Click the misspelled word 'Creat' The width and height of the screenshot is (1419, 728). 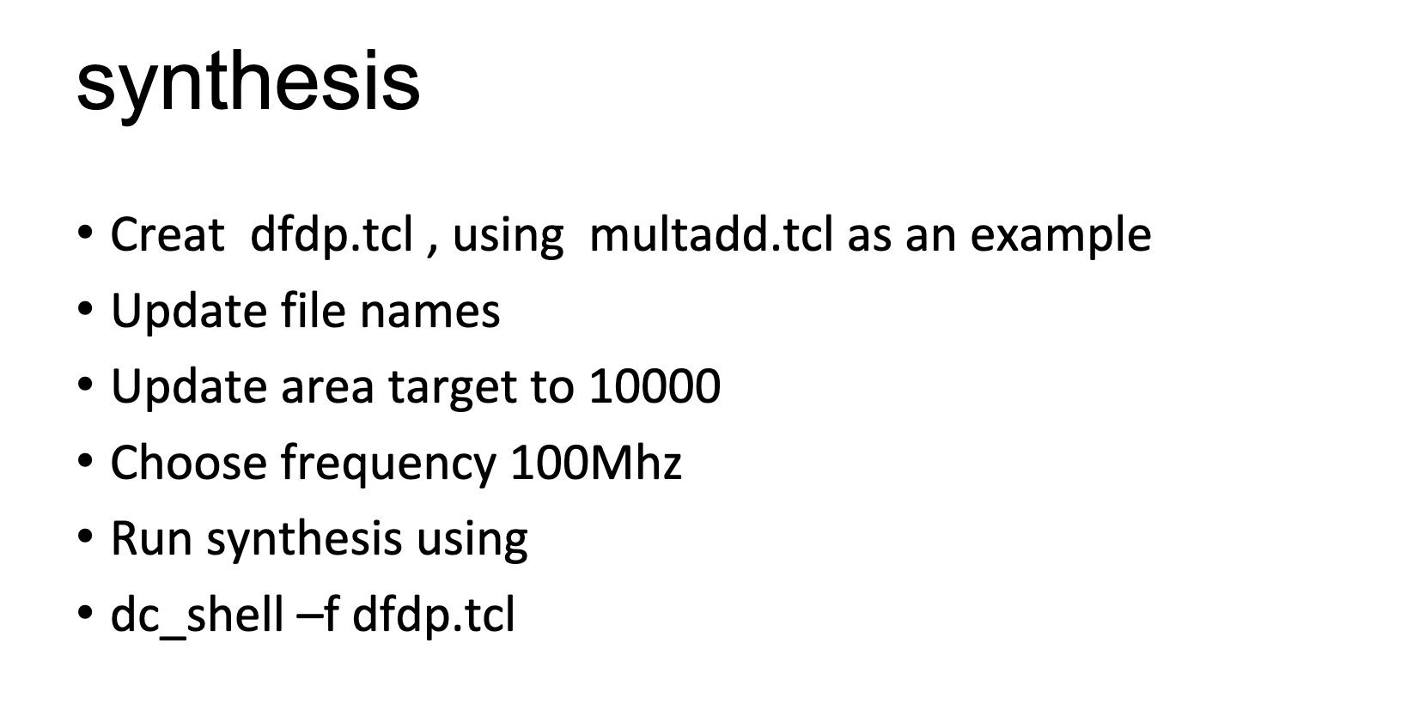(x=167, y=234)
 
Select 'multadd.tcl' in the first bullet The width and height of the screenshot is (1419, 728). (x=710, y=234)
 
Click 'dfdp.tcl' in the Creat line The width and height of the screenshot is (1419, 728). (x=332, y=234)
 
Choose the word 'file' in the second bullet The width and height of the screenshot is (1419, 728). (x=313, y=311)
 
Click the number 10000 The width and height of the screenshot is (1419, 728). (x=654, y=386)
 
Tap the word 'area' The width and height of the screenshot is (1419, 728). (x=327, y=388)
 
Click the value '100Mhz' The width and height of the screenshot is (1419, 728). (x=595, y=463)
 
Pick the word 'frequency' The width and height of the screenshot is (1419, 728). (x=387, y=464)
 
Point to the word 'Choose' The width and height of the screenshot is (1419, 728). (x=188, y=463)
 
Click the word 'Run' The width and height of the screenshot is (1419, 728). (x=150, y=539)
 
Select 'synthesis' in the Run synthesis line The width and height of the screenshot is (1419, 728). (x=304, y=540)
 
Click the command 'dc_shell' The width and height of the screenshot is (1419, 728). (x=197, y=616)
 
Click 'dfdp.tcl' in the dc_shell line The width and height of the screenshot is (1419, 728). (x=434, y=616)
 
